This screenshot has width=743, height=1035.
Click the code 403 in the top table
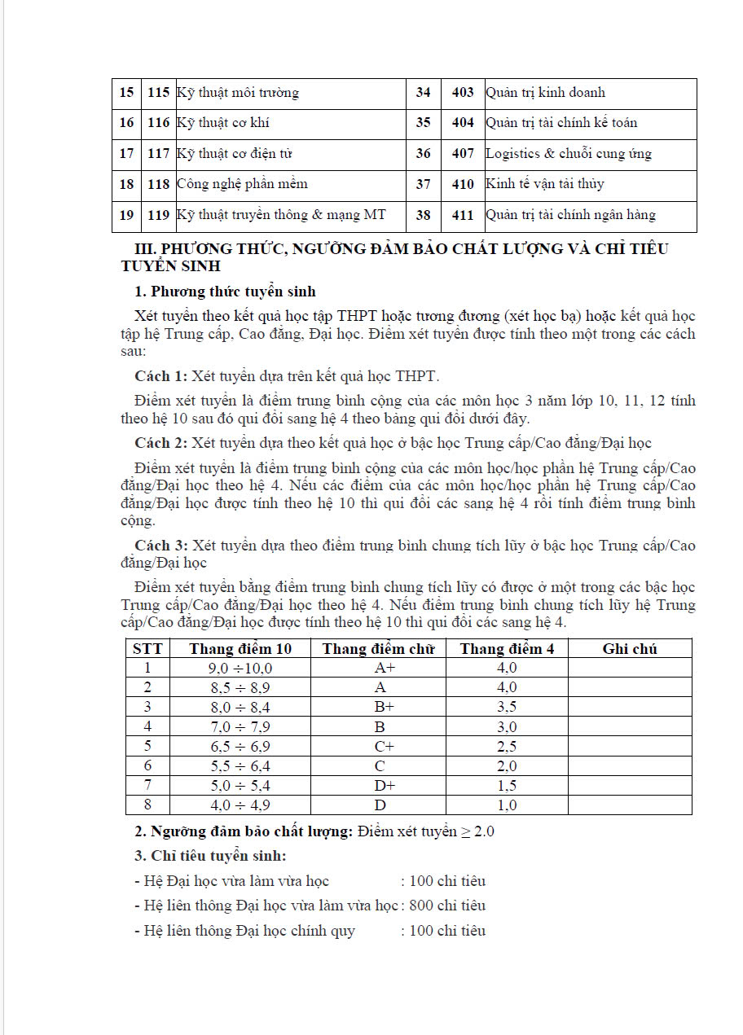click(463, 93)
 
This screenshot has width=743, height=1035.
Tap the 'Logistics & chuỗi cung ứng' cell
click(569, 154)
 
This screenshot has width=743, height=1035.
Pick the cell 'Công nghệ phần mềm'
click(242, 184)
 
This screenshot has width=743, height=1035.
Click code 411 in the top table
click(463, 215)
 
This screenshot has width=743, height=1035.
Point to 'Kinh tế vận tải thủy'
click(545, 184)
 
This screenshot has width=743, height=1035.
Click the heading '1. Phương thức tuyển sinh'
click(225, 292)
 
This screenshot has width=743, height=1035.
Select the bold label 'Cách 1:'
click(160, 375)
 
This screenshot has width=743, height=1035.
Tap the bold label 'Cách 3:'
click(160, 545)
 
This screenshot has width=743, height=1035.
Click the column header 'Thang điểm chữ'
click(379, 649)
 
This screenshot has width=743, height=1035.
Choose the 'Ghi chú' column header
click(630, 649)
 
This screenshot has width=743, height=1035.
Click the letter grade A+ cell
click(385, 669)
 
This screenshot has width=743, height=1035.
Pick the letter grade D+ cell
click(385, 786)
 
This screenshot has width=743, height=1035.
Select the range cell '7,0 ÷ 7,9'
click(240, 727)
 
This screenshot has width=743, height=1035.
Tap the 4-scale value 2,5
click(507, 747)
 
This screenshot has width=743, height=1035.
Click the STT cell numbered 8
click(147, 805)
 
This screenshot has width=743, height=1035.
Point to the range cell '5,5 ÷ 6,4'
click(240, 766)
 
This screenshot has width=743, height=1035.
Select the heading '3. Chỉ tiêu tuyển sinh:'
click(210, 857)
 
